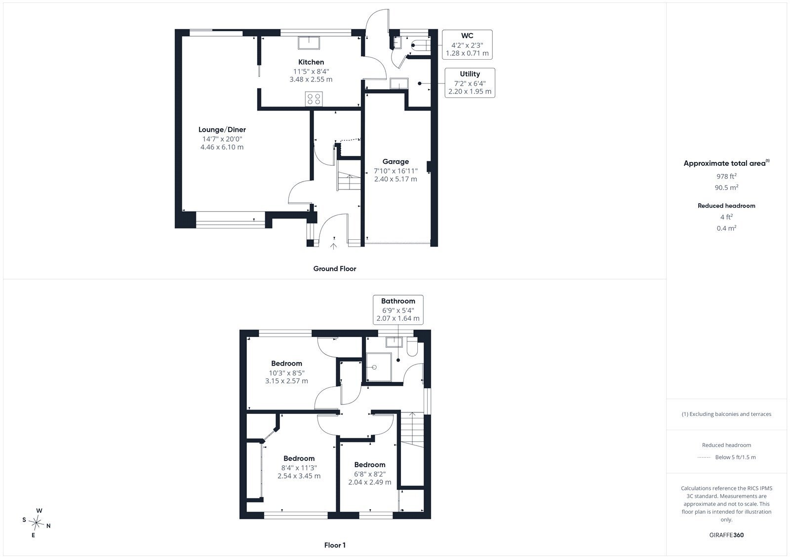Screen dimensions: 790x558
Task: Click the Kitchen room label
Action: coord(311,62)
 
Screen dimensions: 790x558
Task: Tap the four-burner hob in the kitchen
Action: coord(314,99)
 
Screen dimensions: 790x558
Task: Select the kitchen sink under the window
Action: coord(309,43)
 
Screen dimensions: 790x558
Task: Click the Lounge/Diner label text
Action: coord(222,130)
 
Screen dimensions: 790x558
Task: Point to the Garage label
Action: coord(395,161)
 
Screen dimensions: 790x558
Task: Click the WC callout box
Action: coord(467,44)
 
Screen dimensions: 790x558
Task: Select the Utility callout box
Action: coord(470,83)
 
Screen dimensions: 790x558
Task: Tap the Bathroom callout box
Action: coord(398,309)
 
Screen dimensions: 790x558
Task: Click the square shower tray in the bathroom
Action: coord(379,367)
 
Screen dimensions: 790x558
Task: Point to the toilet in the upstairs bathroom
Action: coord(412,346)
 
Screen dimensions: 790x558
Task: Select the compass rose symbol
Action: coord(37,522)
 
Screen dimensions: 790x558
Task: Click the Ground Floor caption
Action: coord(335,268)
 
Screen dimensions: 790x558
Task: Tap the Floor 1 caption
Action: coord(335,545)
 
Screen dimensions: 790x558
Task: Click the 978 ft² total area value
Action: coord(726,176)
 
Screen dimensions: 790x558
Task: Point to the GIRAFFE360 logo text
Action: coord(726,535)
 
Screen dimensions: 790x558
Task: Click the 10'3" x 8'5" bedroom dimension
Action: coord(286,372)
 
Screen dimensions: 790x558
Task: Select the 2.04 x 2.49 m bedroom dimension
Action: coord(370,482)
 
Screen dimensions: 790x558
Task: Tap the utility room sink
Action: coord(399,83)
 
